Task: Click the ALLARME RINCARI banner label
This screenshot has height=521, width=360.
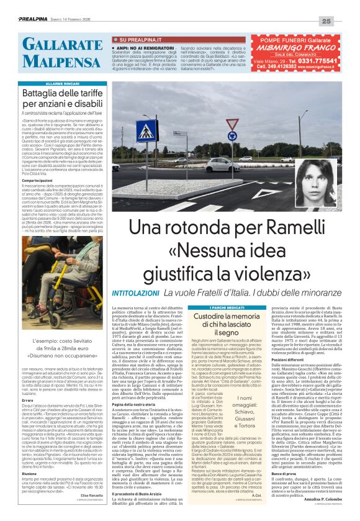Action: click(60, 83)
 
